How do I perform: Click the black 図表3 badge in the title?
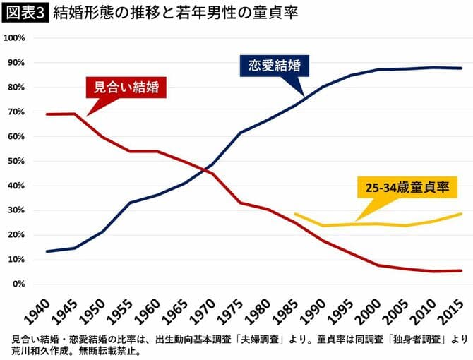(x=25, y=13)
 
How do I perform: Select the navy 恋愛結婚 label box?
(x=275, y=66)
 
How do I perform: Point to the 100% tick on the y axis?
(x=16, y=38)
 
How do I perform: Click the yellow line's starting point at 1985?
(x=295, y=214)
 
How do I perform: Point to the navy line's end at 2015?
(x=462, y=68)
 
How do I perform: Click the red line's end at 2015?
(x=462, y=270)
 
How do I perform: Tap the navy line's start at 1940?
(x=47, y=251)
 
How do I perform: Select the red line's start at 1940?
(x=47, y=114)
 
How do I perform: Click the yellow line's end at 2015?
(x=462, y=214)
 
